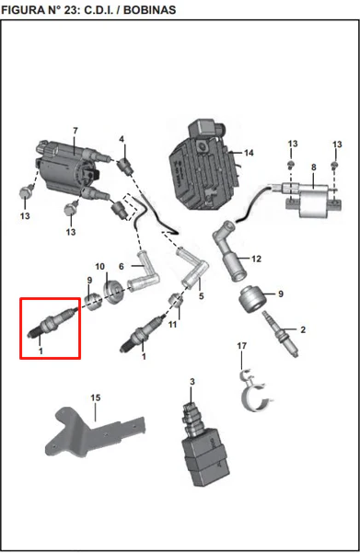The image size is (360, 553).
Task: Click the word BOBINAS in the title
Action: click(150, 9)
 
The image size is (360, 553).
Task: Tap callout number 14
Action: click(249, 153)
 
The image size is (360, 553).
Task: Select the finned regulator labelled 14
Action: click(204, 165)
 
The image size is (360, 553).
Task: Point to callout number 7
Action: click(75, 131)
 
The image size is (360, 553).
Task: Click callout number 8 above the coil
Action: click(314, 167)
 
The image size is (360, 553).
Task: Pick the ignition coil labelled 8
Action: click(307, 200)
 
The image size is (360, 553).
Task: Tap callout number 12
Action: click(256, 259)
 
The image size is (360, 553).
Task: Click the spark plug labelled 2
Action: click(280, 334)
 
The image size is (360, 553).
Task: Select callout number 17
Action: click(242, 346)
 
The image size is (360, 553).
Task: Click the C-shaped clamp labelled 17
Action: click(256, 391)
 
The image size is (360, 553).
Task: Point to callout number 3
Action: click(192, 382)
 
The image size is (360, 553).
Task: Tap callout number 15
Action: click(96, 397)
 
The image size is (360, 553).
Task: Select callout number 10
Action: click(99, 267)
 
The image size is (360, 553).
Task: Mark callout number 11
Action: click(172, 324)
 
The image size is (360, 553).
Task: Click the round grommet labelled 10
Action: click(113, 292)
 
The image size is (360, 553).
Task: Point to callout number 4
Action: click(122, 139)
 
